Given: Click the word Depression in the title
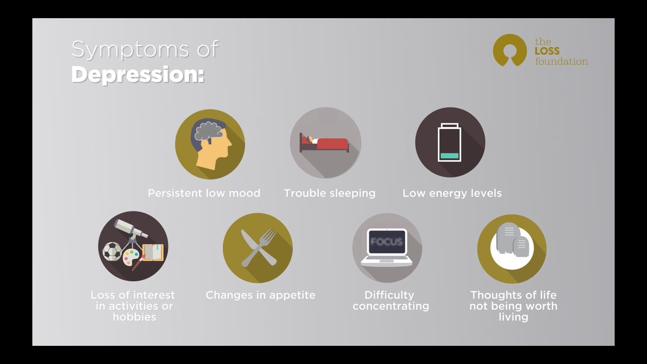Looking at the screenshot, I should tap(137, 74).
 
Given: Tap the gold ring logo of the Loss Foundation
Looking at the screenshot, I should tap(510, 50).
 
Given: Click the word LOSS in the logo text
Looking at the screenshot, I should tap(547, 52).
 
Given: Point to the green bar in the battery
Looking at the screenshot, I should tap(449, 156).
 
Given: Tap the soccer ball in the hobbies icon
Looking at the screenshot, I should tap(112, 251).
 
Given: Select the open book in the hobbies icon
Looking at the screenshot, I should tap(153, 252).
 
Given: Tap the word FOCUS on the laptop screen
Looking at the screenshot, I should tap(387, 242).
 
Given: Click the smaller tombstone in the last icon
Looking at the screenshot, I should tap(521, 247).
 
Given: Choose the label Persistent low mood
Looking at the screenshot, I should tap(204, 193).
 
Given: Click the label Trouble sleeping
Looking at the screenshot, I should tap(330, 193).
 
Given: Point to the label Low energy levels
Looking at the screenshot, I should tap(452, 193).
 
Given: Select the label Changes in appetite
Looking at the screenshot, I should tap(260, 295).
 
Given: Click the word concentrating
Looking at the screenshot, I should tap(391, 306).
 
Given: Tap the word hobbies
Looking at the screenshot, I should tap(134, 317).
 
